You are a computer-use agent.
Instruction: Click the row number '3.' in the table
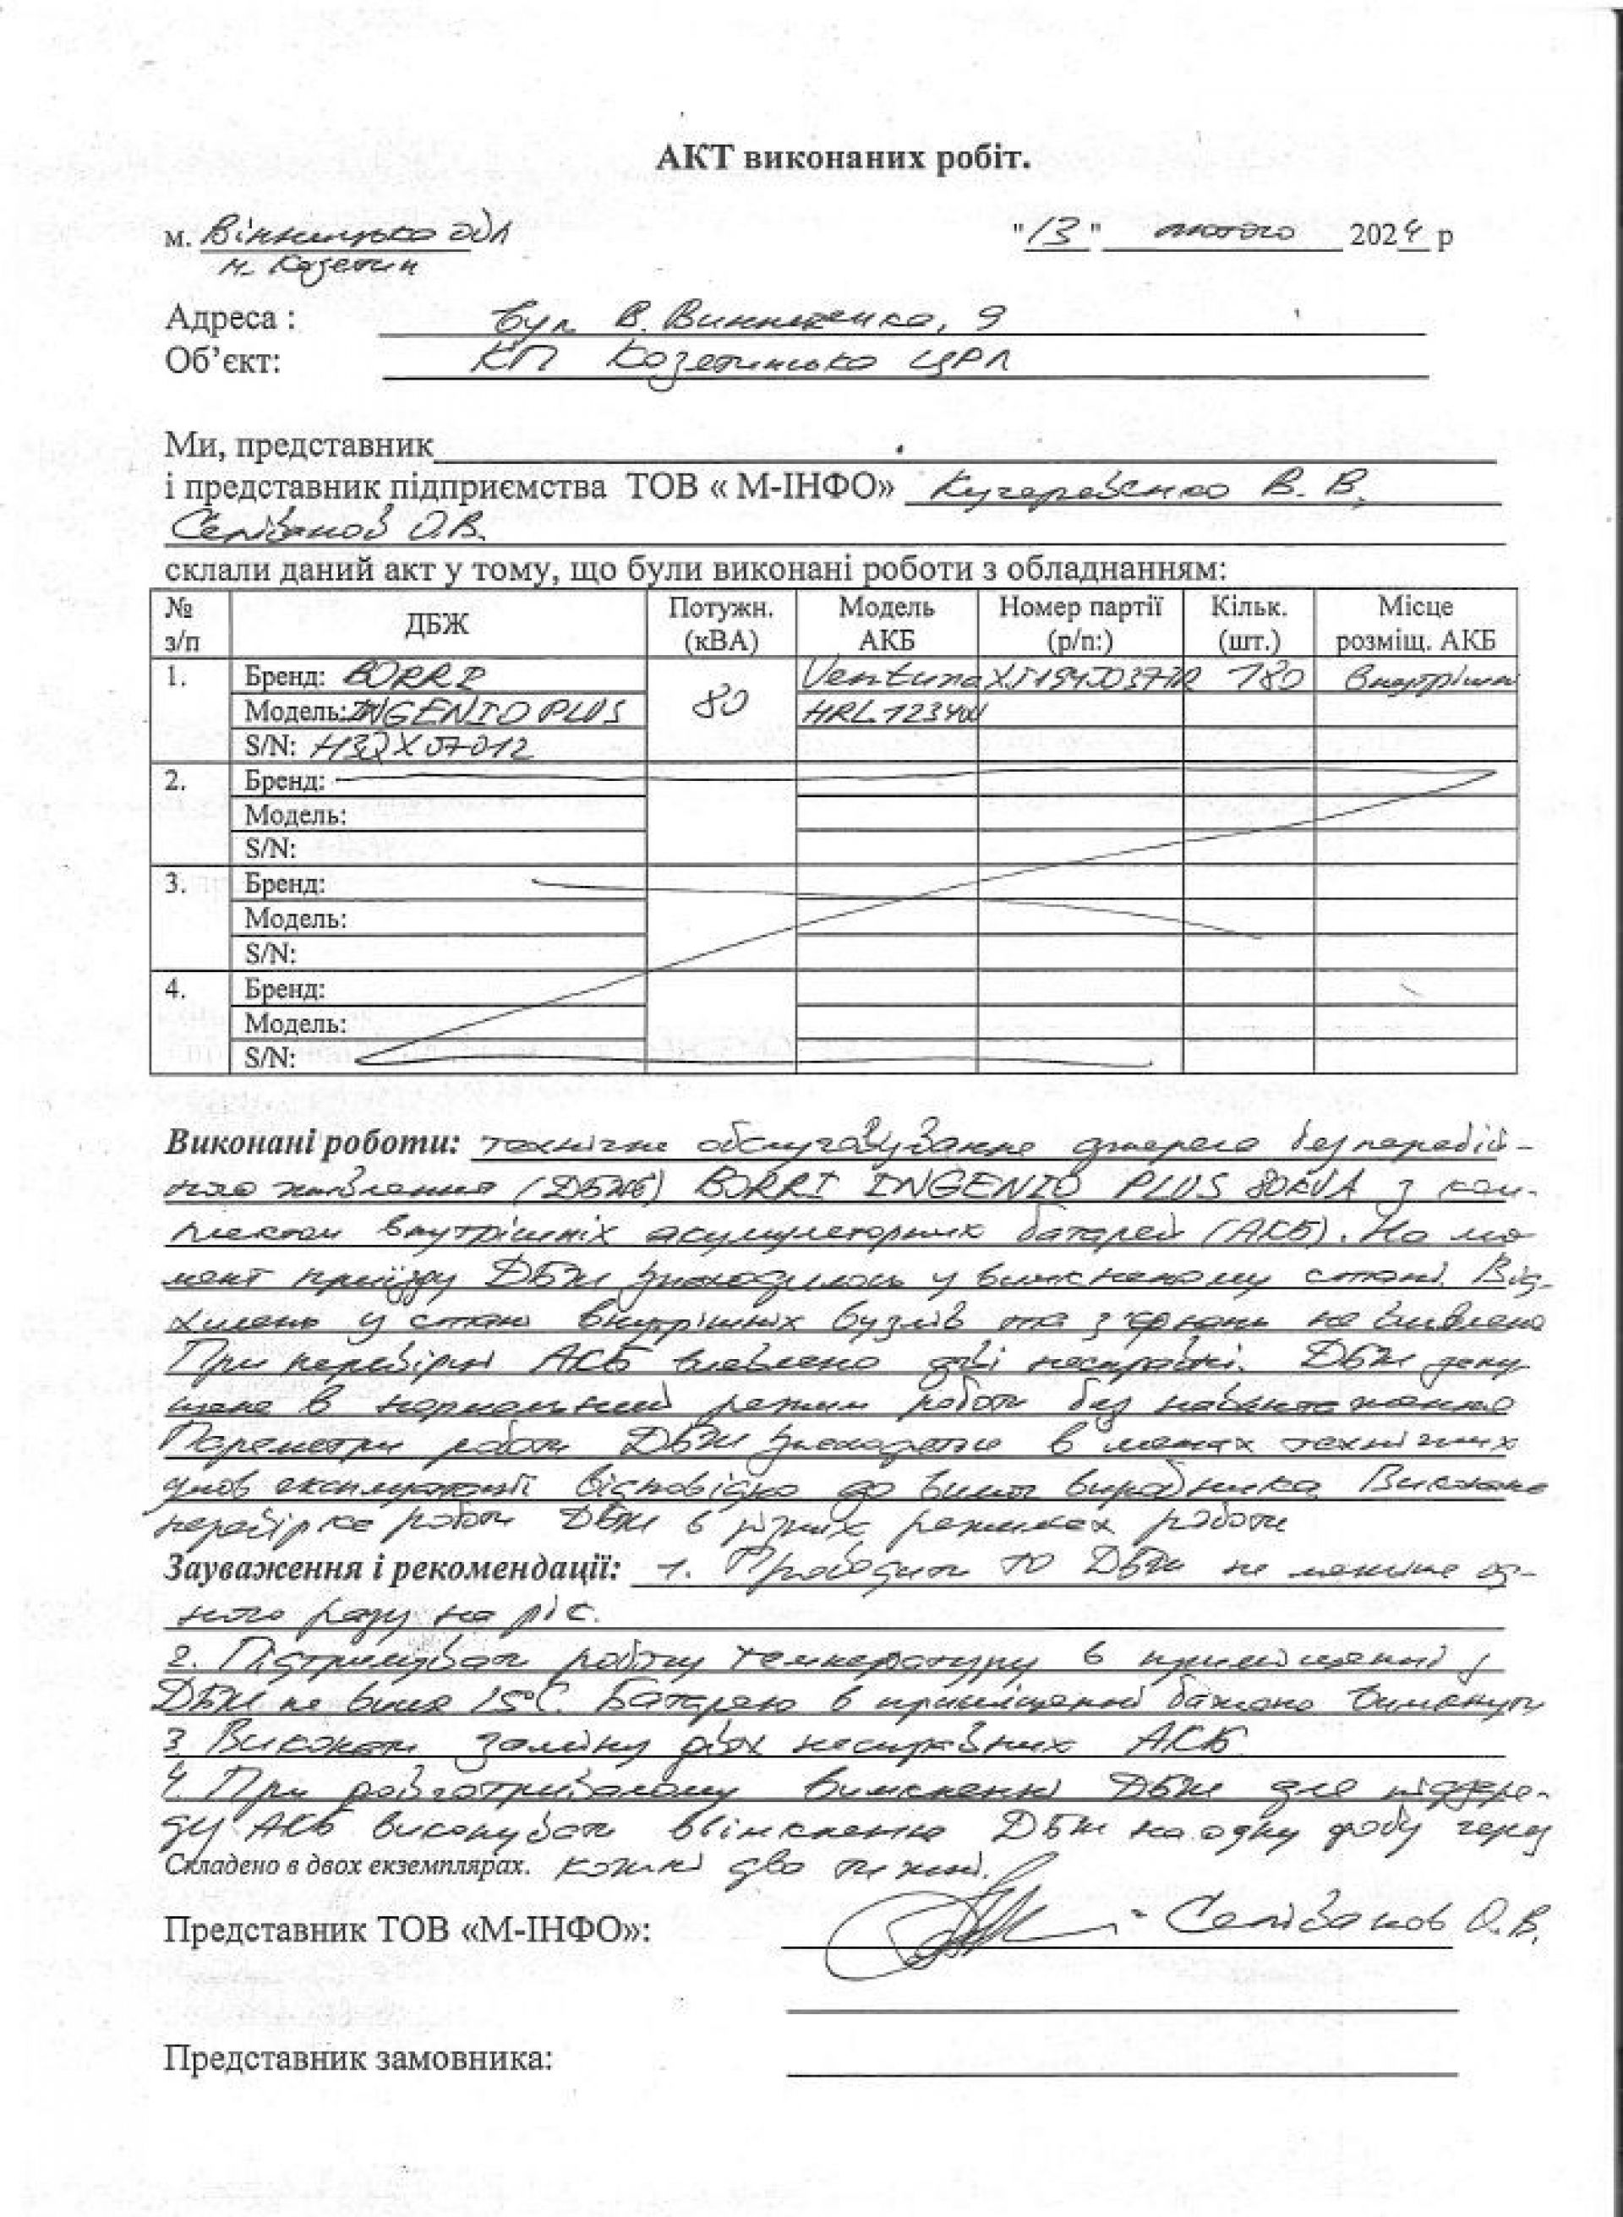tap(175, 883)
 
